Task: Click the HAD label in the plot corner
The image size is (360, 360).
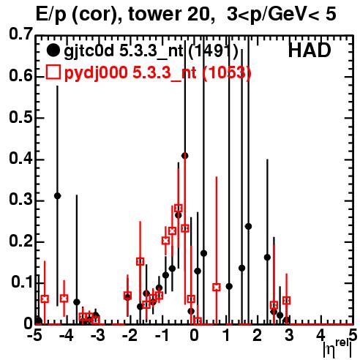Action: tap(310, 50)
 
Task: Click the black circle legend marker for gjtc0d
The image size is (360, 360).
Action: tap(53, 50)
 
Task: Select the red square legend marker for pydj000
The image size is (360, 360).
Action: tap(53, 72)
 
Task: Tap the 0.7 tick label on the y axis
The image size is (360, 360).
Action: tap(20, 34)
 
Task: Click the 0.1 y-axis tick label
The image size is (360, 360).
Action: tap(22, 282)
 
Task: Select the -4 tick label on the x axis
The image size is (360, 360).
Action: tap(67, 336)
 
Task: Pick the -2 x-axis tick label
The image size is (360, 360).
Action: tap(130, 336)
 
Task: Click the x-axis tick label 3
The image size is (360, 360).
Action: tap(289, 336)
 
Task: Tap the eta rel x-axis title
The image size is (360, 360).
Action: tap(337, 350)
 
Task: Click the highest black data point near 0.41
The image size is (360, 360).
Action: tap(185, 156)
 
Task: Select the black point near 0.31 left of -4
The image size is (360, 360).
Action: tap(58, 195)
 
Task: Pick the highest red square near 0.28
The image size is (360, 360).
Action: tap(179, 208)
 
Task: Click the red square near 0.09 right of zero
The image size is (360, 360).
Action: tap(217, 287)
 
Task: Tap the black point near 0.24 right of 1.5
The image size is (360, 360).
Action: tap(248, 226)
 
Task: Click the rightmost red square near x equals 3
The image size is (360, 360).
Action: tap(287, 301)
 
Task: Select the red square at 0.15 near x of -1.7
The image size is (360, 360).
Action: tap(140, 261)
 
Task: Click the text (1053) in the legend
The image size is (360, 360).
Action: tap(227, 72)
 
